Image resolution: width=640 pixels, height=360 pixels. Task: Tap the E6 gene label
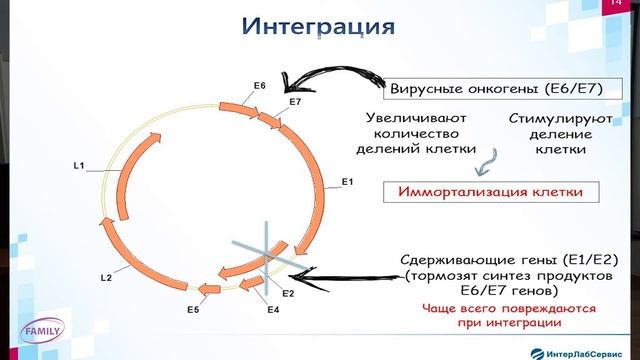259,86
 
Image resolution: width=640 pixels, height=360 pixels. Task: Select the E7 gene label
294,102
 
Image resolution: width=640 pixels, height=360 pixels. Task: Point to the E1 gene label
348,181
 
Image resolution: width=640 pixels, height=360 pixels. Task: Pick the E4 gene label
271,312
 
